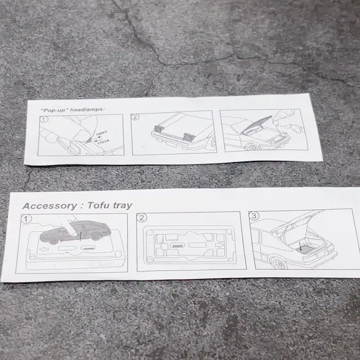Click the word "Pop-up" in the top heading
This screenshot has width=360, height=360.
pos(53,110)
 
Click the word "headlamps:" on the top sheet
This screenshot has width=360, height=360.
pos(88,109)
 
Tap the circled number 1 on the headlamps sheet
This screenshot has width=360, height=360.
pos(44,119)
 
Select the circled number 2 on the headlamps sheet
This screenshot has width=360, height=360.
pos(135,117)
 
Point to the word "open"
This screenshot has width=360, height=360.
pos(102,133)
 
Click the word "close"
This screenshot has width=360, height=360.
pos(103,142)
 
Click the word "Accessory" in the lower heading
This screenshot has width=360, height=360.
pos(50,206)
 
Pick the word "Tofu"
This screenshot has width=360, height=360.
pos(99,205)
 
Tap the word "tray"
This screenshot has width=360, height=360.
pos(122,205)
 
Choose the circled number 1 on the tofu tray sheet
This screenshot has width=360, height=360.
pos(26,219)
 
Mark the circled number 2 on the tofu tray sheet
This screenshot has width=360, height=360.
pos(142,218)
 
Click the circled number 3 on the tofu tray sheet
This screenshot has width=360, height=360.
pos(254,216)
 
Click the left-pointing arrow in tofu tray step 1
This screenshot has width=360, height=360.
pos(44,249)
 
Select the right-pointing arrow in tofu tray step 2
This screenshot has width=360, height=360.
pos(219,245)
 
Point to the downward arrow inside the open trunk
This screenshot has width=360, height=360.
pos(300,246)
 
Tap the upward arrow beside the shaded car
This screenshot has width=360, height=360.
pos(80,236)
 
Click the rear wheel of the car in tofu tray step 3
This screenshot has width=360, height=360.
pos(278,264)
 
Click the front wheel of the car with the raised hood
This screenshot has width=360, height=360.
pos(252,147)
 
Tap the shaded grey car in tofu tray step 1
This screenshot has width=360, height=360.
pos(75,232)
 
